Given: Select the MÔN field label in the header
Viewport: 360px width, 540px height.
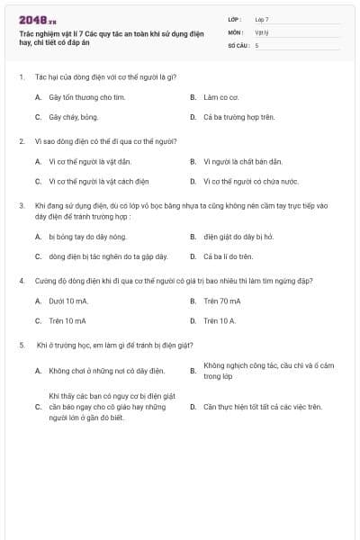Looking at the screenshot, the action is (235, 31).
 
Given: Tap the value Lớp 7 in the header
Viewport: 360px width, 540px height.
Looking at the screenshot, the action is (262, 19).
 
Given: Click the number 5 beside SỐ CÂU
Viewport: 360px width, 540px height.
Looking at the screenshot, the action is (256, 44).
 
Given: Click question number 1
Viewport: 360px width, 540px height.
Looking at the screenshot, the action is (21, 77).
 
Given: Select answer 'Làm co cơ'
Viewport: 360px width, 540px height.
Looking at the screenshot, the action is (220, 96).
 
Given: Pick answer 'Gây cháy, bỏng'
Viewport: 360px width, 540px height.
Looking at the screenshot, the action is (74, 117).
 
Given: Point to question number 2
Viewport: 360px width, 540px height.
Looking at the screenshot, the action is (21, 141).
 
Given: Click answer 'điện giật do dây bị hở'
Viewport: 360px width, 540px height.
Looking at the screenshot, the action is (238, 237).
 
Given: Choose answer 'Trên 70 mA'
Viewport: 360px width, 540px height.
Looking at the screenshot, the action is (222, 301).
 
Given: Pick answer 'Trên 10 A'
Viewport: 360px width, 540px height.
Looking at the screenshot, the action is (220, 320).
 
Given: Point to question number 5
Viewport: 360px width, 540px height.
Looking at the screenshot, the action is (21, 345).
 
